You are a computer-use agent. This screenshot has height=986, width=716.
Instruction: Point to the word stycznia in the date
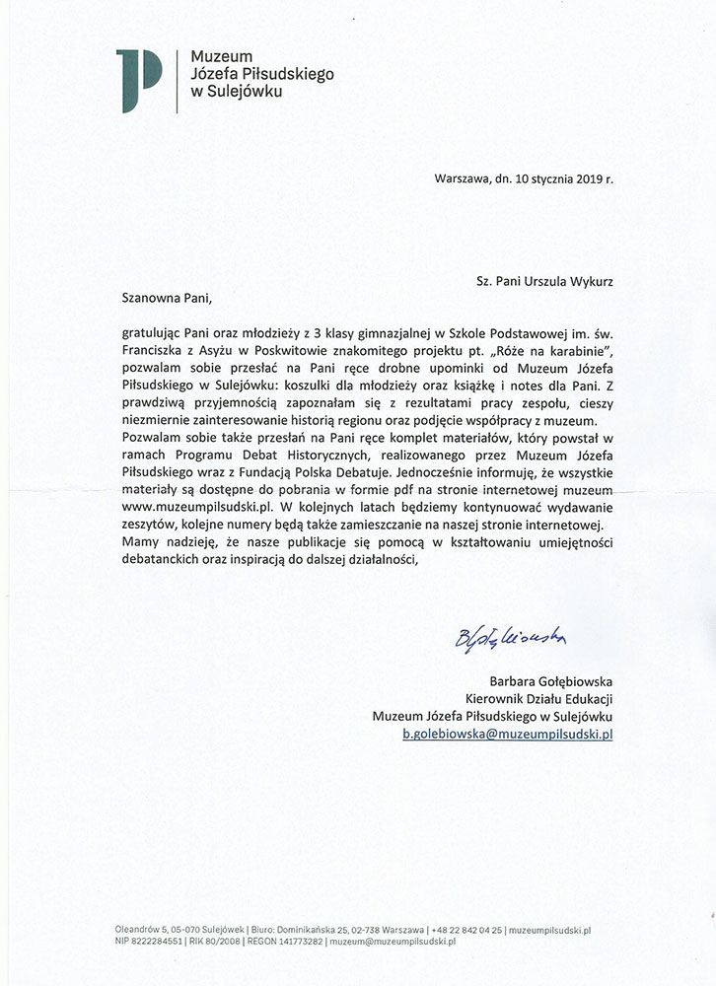(x=535, y=178)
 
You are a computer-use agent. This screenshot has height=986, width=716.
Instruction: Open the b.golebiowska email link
(x=507, y=735)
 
